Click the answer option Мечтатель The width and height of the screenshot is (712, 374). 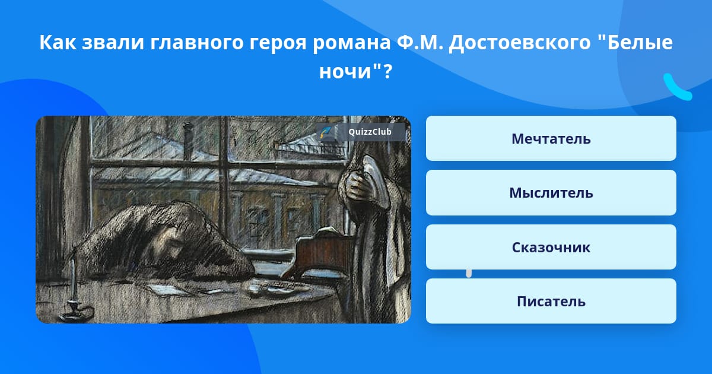tap(551, 138)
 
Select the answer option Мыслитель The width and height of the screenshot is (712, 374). tap(551, 193)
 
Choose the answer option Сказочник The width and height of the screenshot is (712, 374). tap(551, 247)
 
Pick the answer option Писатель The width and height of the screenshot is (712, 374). tap(551, 301)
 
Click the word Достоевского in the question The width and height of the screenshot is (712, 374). tap(519, 43)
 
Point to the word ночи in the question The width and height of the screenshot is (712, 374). tap(345, 72)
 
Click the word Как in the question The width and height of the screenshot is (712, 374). tap(58, 42)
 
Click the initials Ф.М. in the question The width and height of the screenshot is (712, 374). tap(419, 42)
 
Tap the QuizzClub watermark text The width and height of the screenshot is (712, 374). tap(370, 132)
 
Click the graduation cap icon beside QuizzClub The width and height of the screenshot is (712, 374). tap(326, 132)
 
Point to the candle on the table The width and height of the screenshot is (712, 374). tap(74, 280)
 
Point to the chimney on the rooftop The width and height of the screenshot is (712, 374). tap(188, 140)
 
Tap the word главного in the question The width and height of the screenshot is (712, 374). tap(197, 43)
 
